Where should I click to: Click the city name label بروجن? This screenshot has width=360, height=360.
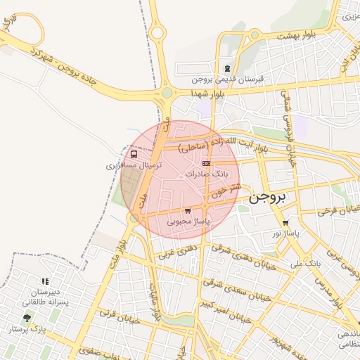pyautogui.click(x=268, y=198)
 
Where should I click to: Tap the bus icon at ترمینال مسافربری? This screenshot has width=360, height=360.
pyautogui.click(x=134, y=155)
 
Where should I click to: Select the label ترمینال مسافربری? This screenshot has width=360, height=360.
pyautogui.click(x=134, y=165)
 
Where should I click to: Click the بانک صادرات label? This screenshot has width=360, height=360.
pyautogui.click(x=210, y=173)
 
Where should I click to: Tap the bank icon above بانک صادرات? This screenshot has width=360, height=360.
pyautogui.click(x=206, y=163)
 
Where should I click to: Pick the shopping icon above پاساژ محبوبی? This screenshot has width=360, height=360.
pyautogui.click(x=187, y=210)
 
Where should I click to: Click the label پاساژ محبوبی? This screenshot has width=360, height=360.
pyautogui.click(x=189, y=221)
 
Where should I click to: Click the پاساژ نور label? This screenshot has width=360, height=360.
pyautogui.click(x=286, y=232)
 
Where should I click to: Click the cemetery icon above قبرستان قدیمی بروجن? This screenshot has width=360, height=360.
pyautogui.click(x=227, y=68)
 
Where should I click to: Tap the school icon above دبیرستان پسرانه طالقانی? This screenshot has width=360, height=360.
pyautogui.click(x=46, y=281)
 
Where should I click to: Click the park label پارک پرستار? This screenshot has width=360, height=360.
pyautogui.click(x=27, y=328)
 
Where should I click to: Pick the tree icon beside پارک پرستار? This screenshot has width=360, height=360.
pyautogui.click(x=27, y=318)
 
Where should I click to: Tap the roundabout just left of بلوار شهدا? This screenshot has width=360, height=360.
pyautogui.click(x=167, y=92)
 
